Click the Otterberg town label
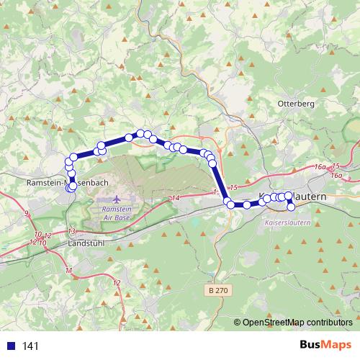295,104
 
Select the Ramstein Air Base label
114,212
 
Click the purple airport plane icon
116,198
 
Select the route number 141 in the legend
31,346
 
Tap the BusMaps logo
325,345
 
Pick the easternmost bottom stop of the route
292,207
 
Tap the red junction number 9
27,213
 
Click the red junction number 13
71,230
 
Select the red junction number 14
176,197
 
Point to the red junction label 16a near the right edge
336,175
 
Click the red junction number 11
68,270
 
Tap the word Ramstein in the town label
44,184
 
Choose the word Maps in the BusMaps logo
338,345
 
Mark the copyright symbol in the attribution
238,323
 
